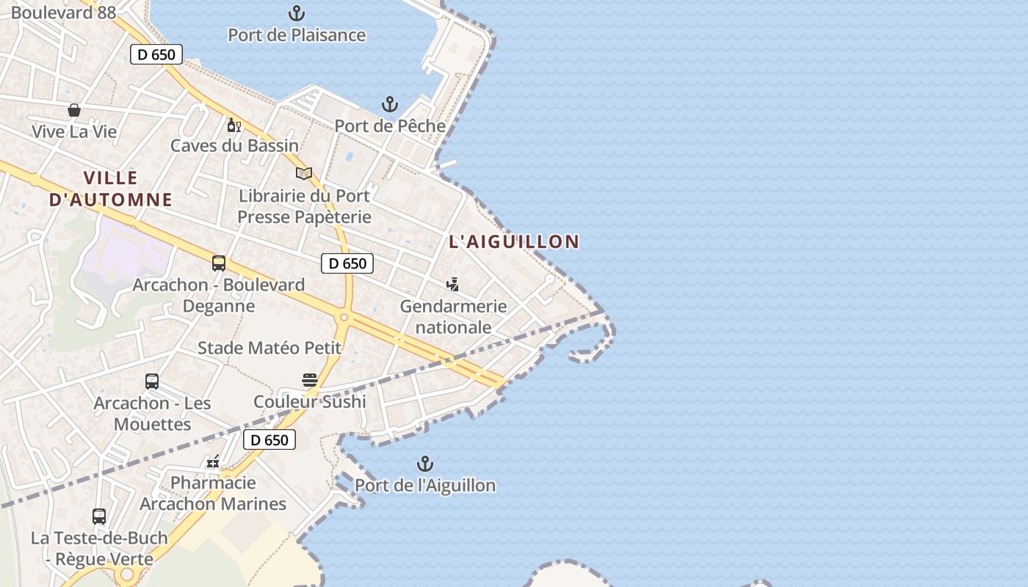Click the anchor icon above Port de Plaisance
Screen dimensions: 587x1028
[x=296, y=13]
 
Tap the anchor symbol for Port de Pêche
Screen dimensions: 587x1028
[x=390, y=105]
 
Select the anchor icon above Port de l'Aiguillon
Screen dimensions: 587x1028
[x=425, y=464]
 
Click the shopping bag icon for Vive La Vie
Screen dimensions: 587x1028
[x=74, y=110]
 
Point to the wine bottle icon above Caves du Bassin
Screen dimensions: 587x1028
[x=234, y=125]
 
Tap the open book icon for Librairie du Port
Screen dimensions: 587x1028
[x=304, y=174]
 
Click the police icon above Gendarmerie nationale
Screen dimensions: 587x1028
[x=453, y=285]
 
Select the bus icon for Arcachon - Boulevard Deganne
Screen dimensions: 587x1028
[x=219, y=263]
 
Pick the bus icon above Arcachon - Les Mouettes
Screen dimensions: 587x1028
[x=152, y=382]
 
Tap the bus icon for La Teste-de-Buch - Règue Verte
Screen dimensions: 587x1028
[x=99, y=517]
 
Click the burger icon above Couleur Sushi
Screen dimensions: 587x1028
[x=310, y=380]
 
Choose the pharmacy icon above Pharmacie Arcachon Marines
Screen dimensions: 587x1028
[x=213, y=462]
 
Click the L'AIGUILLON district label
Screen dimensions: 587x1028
[x=514, y=241]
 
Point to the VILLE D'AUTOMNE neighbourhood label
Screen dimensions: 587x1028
[x=111, y=189]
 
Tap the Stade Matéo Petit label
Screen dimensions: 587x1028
[x=269, y=348]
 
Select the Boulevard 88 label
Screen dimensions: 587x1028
[x=63, y=12]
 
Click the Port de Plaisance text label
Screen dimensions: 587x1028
[x=297, y=34]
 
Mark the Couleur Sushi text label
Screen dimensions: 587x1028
[x=310, y=401]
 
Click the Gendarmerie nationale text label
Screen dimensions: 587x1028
[x=453, y=316]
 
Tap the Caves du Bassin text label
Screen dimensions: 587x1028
[x=235, y=145]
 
